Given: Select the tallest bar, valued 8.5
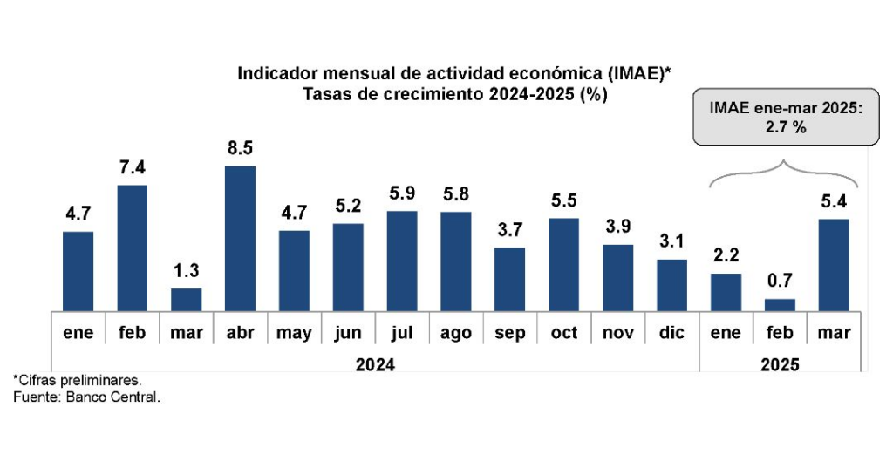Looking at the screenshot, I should [240, 237].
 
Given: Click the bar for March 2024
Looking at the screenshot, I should [186, 299].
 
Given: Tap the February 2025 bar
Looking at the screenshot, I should [781, 304].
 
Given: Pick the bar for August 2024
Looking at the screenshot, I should [456, 261].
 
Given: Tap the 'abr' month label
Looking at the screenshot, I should [240, 334].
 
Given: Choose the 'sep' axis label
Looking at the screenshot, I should [510, 334].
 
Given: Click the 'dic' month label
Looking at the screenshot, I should [672, 334].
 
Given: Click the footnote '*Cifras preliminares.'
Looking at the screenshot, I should [77, 381].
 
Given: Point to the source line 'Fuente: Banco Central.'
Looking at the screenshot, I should [86, 397].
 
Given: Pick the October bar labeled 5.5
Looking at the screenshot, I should [564, 264].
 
